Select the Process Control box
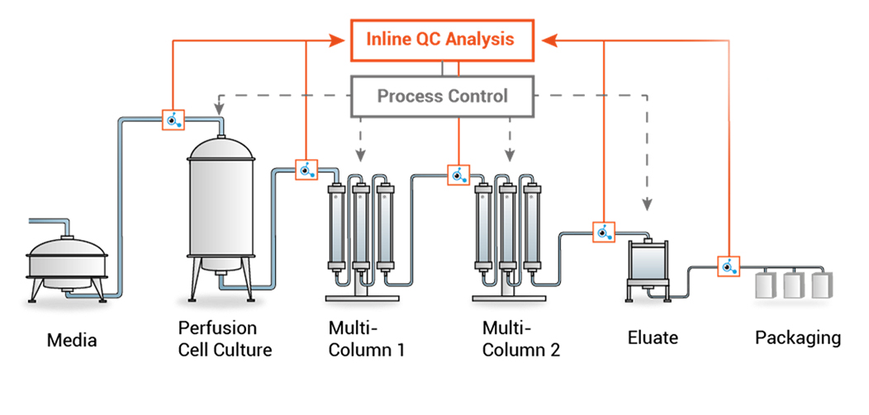442,96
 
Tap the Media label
71,339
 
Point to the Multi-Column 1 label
366,339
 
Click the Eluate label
653,337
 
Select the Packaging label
798,337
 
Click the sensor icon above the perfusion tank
173,120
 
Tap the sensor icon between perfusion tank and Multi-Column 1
306,170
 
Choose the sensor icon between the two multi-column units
458,175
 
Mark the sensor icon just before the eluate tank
604,232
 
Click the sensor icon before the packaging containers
728,266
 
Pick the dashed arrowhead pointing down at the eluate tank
648,202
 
